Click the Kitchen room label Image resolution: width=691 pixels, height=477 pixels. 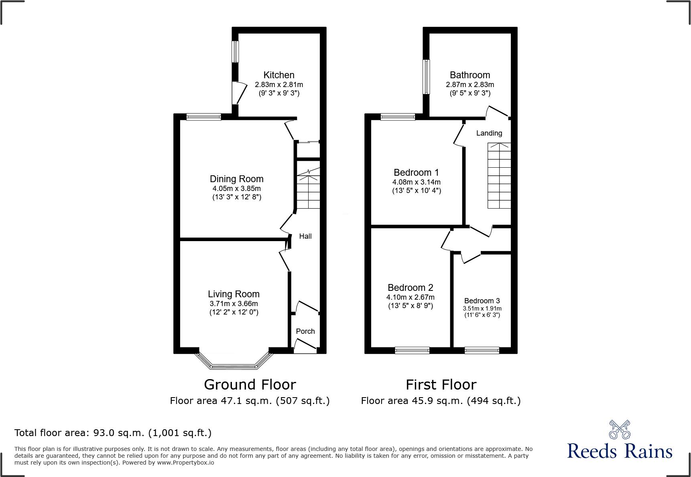pyautogui.click(x=279, y=75)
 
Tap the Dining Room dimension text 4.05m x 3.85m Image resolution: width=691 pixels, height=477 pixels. pyautogui.click(x=236, y=189)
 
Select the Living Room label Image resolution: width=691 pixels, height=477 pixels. pyautogui.click(x=234, y=294)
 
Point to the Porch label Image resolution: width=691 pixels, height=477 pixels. pyautogui.click(x=305, y=331)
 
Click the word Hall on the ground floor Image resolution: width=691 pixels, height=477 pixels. pyautogui.click(x=305, y=236)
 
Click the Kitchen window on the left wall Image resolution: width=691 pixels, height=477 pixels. pyautogui.click(x=236, y=52)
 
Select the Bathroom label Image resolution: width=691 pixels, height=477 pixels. pyautogui.click(x=470, y=75)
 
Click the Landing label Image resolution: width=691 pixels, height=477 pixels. pyautogui.click(x=489, y=133)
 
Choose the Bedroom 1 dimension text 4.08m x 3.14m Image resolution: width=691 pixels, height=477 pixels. pyautogui.click(x=416, y=182)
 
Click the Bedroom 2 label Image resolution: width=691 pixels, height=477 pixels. pyautogui.click(x=410, y=288)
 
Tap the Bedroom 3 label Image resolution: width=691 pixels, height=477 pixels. pyautogui.click(x=482, y=301)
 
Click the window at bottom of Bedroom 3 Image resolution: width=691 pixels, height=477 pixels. pyautogui.click(x=482, y=350)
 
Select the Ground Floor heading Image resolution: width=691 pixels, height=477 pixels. pyautogui.click(x=250, y=385)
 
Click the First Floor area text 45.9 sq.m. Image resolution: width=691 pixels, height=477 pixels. pyautogui.click(x=440, y=401)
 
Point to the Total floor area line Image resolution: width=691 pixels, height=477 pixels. pyautogui.click(x=113, y=433)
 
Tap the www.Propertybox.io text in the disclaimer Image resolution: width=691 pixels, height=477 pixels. pyautogui.click(x=185, y=463)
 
